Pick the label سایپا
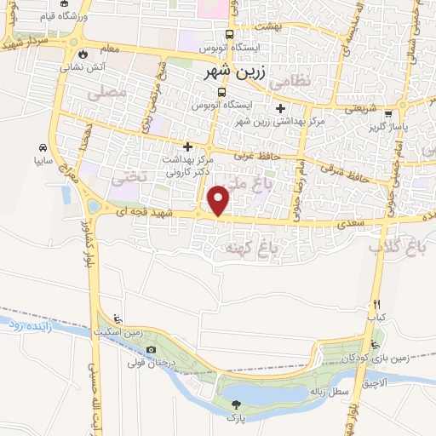point(43,158)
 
